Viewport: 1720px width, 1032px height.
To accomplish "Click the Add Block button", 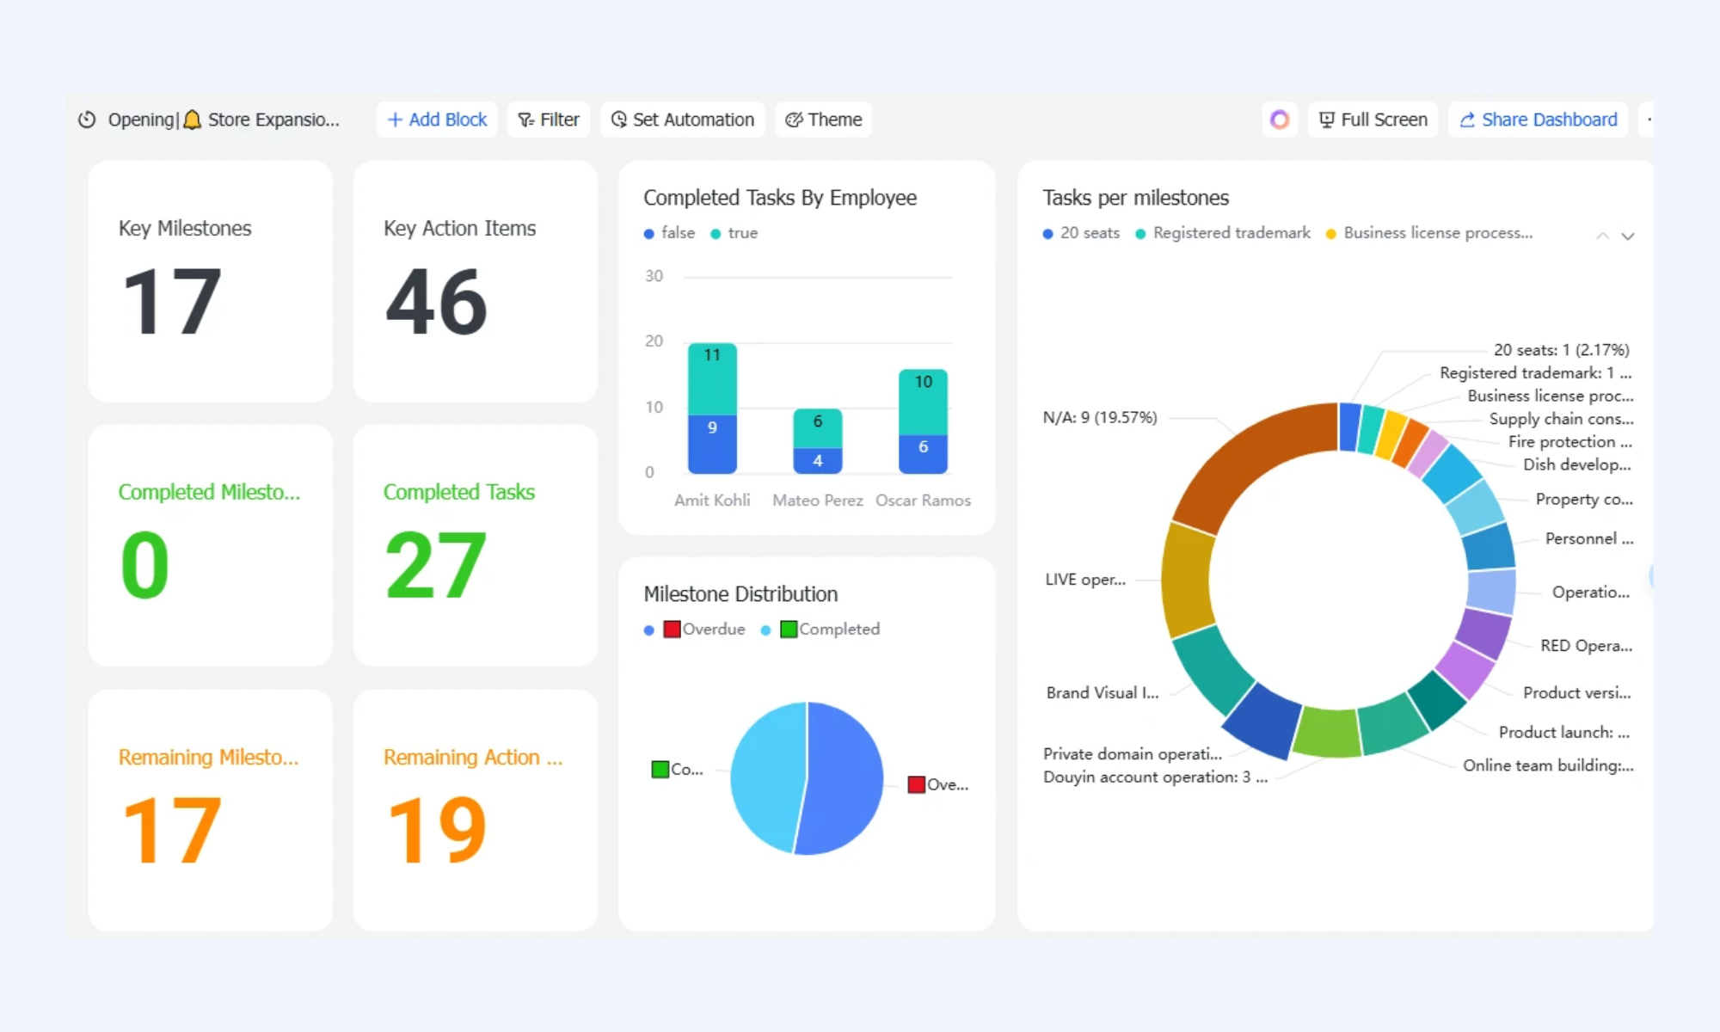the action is (437, 120).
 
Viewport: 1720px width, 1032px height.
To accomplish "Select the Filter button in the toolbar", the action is (549, 120).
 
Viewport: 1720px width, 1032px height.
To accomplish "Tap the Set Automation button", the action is (683, 120).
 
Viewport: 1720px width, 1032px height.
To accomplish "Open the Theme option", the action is (824, 120).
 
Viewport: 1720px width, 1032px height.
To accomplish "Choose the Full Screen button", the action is (1373, 120).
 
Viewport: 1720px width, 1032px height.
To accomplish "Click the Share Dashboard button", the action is (1539, 120).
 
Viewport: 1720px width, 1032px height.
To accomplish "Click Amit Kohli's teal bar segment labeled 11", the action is (712, 379).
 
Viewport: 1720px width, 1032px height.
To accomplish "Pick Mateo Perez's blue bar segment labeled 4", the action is (818, 461).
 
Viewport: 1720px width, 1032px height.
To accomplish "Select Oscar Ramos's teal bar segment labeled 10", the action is (923, 402).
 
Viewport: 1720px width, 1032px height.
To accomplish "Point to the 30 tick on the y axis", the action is (654, 276).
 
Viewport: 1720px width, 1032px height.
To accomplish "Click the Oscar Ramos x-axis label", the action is (923, 501).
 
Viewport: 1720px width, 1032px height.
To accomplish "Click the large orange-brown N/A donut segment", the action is (1247, 460).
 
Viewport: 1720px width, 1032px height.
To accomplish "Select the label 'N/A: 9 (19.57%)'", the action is (1100, 418).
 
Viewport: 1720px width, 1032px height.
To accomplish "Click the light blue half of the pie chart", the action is (766, 777).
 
